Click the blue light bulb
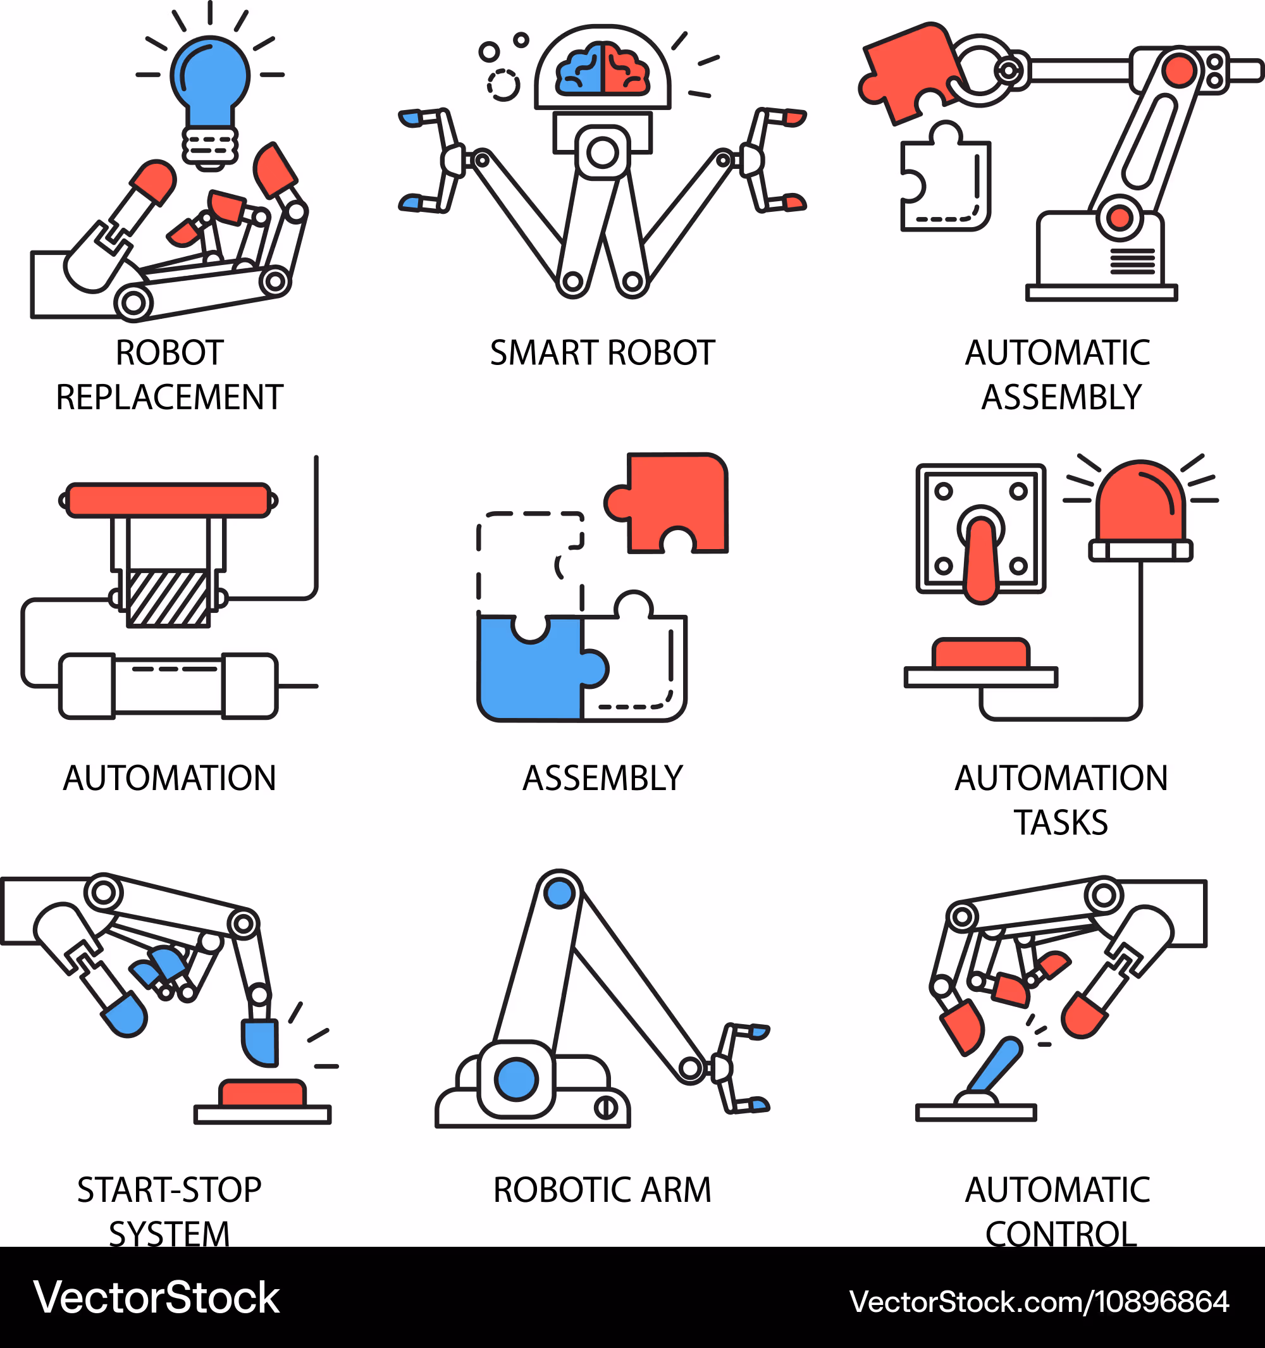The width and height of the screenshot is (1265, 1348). (x=209, y=78)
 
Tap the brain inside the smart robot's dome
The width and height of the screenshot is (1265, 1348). (x=602, y=70)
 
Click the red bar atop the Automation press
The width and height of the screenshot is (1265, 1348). (x=169, y=500)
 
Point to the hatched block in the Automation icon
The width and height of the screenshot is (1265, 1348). (x=168, y=597)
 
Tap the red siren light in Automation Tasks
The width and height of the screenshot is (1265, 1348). (x=1140, y=505)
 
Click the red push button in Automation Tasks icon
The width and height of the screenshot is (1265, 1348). (x=981, y=653)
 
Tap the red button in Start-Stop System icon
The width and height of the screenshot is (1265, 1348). (x=262, y=1094)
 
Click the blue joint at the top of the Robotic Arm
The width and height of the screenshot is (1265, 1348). (x=559, y=893)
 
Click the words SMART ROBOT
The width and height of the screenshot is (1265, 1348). (x=602, y=353)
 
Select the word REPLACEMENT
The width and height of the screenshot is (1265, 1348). (x=170, y=397)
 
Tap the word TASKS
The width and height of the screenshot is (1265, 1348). (x=1061, y=822)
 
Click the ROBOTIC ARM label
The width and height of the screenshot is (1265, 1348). (x=602, y=1190)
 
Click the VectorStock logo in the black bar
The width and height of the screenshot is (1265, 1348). (x=157, y=1298)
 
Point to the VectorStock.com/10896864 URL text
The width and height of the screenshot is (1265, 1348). (x=1039, y=1302)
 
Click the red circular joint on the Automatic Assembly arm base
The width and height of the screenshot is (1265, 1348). (x=1120, y=218)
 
